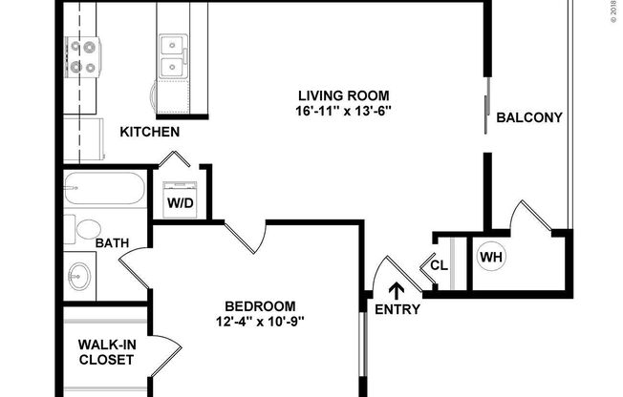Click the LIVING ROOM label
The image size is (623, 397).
pyautogui.click(x=344, y=95)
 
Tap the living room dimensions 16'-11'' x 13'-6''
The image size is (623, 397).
pyautogui.click(x=344, y=111)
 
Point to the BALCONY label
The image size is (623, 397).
pyautogui.click(x=529, y=118)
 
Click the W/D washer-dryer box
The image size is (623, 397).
pyautogui.click(x=179, y=202)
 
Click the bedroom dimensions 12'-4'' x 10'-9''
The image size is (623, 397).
pyautogui.click(x=260, y=321)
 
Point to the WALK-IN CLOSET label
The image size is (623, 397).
pyautogui.click(x=106, y=353)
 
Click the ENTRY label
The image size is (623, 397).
pyautogui.click(x=397, y=309)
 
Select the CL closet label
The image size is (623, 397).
pyautogui.click(x=439, y=265)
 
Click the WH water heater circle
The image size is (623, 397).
pyautogui.click(x=491, y=257)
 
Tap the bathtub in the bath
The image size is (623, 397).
pyautogui.click(x=105, y=191)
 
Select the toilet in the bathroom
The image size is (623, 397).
pyautogui.click(x=86, y=229)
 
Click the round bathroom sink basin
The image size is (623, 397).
pyautogui.click(x=79, y=280)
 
